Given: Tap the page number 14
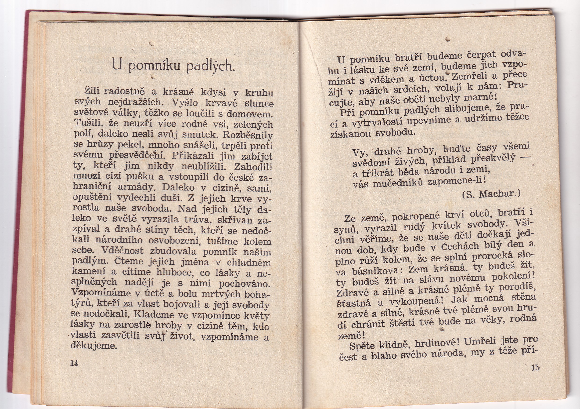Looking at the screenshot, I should tap(74, 363).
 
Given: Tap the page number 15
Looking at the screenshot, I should tap(535, 367).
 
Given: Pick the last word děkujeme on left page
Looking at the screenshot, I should tap(94, 346).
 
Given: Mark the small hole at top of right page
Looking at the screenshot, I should tap(448, 39).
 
